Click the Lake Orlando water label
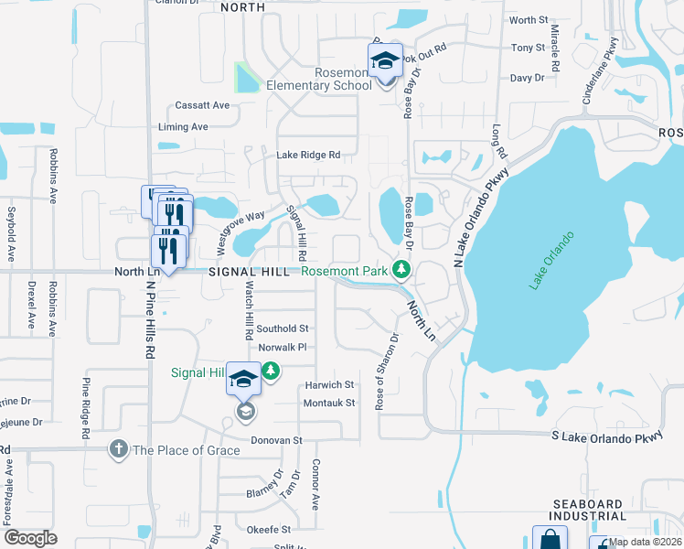click(551, 262)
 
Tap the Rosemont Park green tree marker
click(401, 269)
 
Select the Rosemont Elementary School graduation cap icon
click(386, 61)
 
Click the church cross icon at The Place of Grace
click(118, 449)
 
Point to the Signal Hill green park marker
click(271, 371)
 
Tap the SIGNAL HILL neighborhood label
click(250, 272)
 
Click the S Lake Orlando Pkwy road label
click(605, 438)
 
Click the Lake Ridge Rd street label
click(308, 156)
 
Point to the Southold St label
click(283, 328)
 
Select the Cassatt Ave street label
click(203, 105)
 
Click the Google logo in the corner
click(30, 538)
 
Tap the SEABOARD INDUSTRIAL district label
click(600, 511)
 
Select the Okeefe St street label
click(268, 529)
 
